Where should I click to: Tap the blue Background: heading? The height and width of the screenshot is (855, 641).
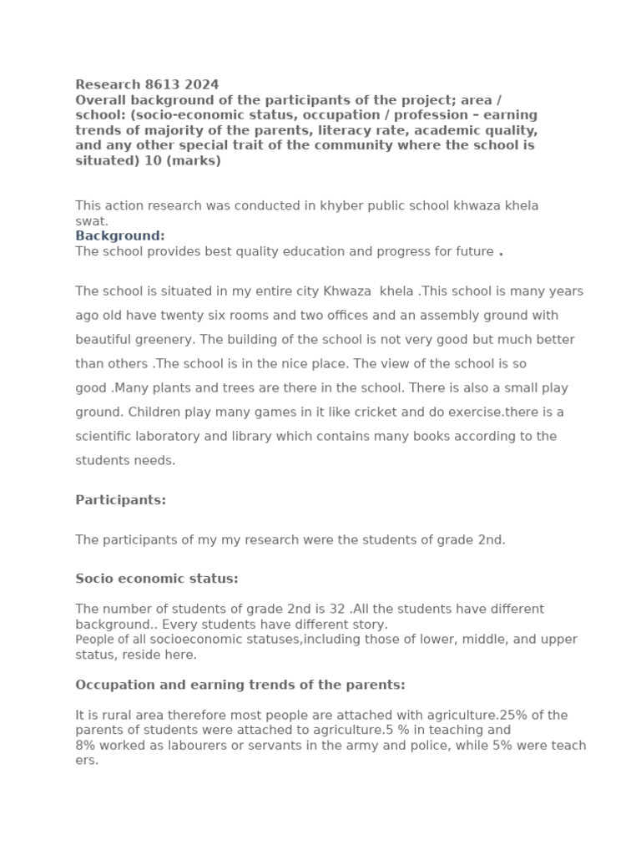[120, 235]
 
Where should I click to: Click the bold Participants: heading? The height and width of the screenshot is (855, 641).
[121, 500]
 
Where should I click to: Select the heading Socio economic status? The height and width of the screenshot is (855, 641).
[157, 579]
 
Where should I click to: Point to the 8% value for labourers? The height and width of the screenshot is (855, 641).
[87, 746]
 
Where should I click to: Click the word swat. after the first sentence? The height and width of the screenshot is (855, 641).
[92, 221]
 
